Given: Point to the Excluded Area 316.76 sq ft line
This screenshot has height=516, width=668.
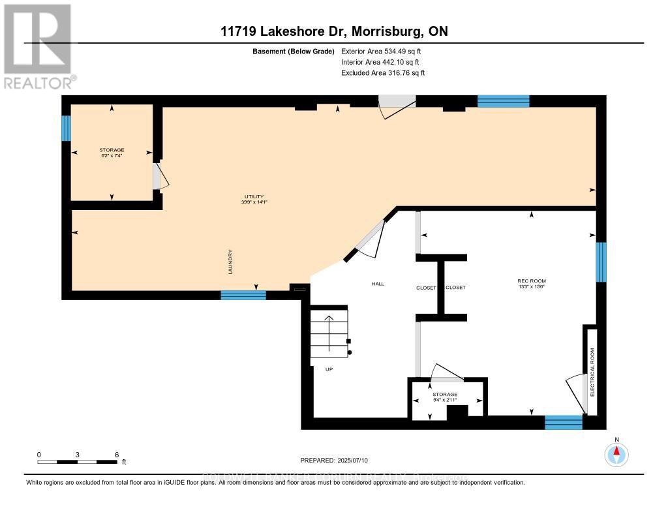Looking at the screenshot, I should (383, 73).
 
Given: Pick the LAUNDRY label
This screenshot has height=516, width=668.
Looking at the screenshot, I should (231, 262).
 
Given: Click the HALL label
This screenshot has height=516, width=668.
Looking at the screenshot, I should (378, 284).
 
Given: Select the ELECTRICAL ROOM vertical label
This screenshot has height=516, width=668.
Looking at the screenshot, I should (592, 372).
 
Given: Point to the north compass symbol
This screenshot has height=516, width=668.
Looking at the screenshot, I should (616, 453).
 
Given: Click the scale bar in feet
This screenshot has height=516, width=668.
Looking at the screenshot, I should (78, 462).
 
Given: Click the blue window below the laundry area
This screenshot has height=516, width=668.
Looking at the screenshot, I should (243, 295).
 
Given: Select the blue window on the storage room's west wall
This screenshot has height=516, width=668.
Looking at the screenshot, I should (65, 128).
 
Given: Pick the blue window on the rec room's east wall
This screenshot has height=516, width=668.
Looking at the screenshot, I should (601, 262).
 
